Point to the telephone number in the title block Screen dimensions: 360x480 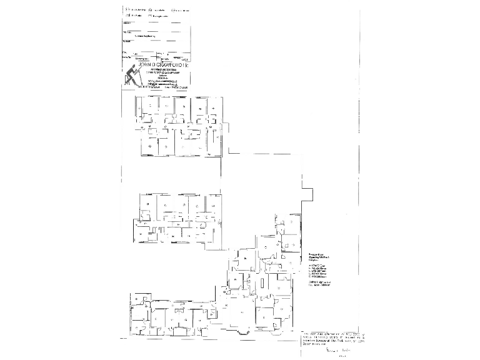pyautogui.click(x=136, y=87)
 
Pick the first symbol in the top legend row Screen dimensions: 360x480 pyautogui.click(x=127, y=10)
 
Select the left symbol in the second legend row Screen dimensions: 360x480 pyautogui.click(x=127, y=16)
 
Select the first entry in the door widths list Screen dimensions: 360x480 pyautogui.click(x=317, y=266)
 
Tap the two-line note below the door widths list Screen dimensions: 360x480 pyautogui.click(x=320, y=285)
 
